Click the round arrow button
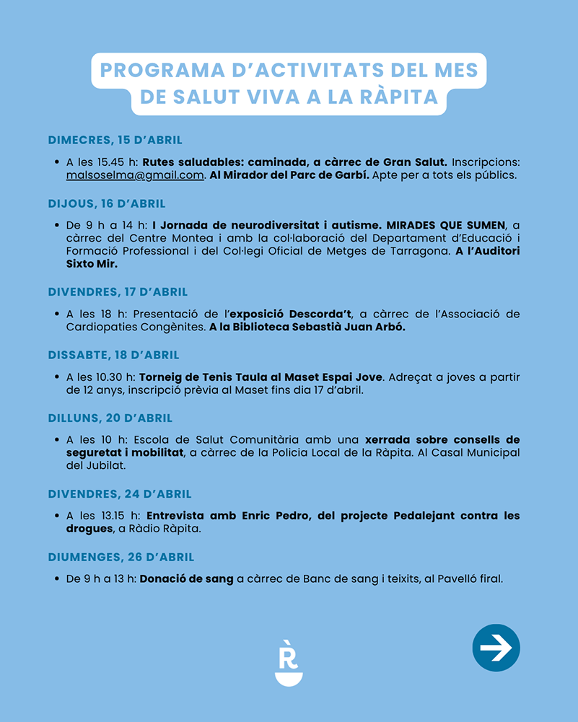click(x=496, y=648)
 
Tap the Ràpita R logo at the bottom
click(x=289, y=662)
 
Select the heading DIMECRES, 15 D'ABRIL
click(x=115, y=140)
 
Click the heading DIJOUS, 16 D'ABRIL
click(x=107, y=203)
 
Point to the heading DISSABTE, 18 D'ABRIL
click(x=113, y=355)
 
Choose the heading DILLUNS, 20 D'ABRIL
click(x=110, y=418)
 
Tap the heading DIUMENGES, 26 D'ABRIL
click(x=121, y=557)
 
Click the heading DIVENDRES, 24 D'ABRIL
click(x=119, y=494)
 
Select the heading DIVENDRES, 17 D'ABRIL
click(x=118, y=292)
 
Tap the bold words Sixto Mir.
click(x=92, y=264)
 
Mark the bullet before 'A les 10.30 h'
click(x=56, y=377)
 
